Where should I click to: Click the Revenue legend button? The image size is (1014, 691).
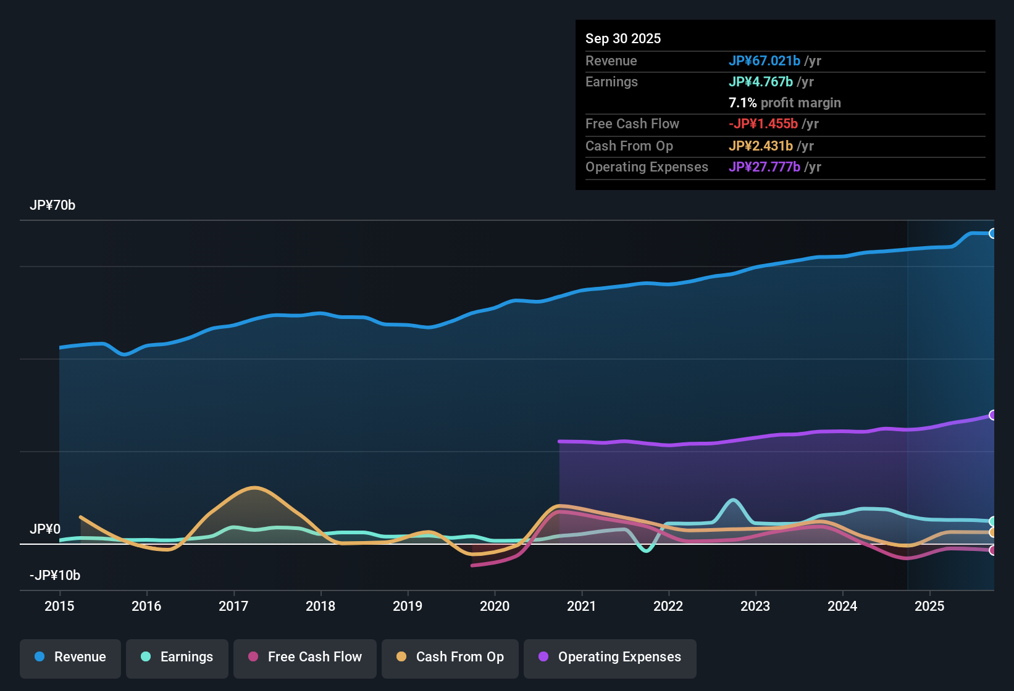tap(70, 657)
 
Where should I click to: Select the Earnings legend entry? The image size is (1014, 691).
tap(177, 657)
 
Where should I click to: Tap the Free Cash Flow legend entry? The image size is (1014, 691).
tap(305, 657)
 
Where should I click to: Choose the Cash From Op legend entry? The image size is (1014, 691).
tap(450, 657)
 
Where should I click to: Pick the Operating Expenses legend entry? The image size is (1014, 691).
tap(610, 657)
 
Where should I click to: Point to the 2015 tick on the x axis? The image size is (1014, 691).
tap(59, 606)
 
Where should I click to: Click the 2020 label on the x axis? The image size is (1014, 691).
tap(495, 606)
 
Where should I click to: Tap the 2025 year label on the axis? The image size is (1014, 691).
tap(929, 606)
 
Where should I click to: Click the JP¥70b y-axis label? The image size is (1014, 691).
tap(52, 205)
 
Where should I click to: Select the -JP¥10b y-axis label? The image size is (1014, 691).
tap(55, 576)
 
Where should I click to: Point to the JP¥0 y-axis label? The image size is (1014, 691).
tap(45, 529)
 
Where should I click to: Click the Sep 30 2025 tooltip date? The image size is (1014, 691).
tap(623, 38)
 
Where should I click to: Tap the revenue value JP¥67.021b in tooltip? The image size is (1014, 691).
tap(765, 60)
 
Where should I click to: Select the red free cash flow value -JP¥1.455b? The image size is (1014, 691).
tap(763, 123)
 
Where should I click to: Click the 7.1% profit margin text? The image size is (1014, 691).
tap(784, 102)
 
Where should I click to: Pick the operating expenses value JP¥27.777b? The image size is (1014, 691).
tap(765, 167)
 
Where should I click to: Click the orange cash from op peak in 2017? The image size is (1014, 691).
tap(254, 488)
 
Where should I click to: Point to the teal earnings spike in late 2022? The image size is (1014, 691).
tap(733, 500)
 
